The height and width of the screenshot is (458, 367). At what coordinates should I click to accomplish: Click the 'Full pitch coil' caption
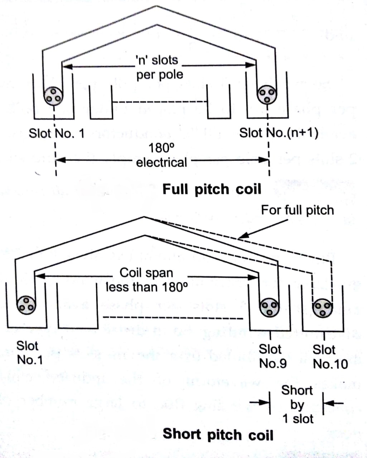tap(212, 189)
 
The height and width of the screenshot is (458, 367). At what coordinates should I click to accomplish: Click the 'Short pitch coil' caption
tap(218, 434)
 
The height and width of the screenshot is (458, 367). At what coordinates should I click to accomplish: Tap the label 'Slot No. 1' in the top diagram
tap(57, 133)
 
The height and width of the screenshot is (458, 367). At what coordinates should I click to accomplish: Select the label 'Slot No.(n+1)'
tap(279, 133)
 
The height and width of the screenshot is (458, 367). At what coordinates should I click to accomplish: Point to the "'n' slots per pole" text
tap(159, 67)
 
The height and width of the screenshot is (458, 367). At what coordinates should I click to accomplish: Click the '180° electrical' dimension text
tap(161, 155)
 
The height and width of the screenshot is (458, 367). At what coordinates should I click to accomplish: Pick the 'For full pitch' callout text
tap(297, 210)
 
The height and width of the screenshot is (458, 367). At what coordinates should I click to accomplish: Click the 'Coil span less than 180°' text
tap(146, 280)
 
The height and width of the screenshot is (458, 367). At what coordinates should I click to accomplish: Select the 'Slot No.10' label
tap(330, 357)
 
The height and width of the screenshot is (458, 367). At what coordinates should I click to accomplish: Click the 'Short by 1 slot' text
tap(297, 404)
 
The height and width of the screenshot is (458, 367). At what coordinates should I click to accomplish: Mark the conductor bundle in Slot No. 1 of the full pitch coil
tap(53, 95)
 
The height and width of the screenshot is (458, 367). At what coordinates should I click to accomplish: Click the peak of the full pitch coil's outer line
tap(156, 6)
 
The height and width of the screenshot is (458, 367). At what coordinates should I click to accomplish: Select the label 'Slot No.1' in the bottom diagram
tap(29, 353)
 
